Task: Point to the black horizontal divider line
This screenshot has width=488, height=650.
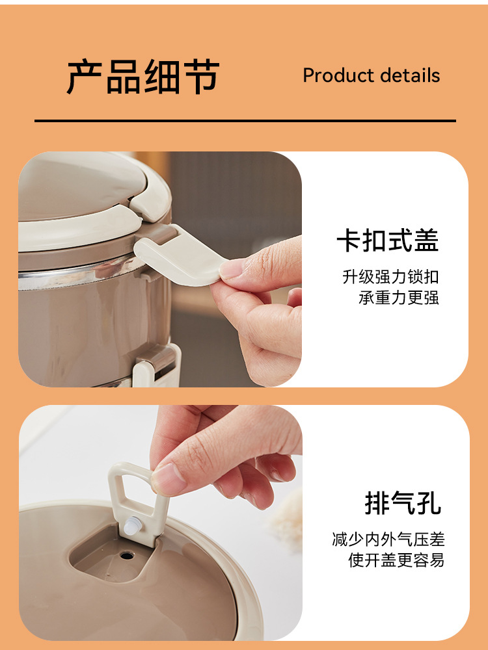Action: pos(245,121)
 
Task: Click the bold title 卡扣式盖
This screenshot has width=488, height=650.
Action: pos(388,240)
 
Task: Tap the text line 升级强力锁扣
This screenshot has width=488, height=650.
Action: pos(390,277)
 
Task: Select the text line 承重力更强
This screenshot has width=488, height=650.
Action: pos(399,298)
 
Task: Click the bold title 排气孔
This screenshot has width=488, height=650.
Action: pos(403,503)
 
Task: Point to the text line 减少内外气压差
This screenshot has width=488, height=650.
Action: pos(388,539)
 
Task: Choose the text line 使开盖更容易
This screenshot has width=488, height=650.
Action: pos(396,560)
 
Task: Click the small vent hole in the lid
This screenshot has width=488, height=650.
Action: pos(127,555)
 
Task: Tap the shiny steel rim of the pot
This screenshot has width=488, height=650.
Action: pos(79,276)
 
